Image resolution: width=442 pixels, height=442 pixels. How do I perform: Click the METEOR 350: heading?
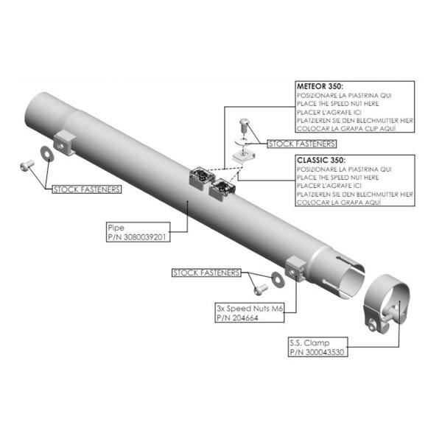point(320,86)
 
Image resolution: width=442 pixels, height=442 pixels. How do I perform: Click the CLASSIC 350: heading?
point(320,160)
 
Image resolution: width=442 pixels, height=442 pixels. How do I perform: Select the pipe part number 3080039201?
point(144,237)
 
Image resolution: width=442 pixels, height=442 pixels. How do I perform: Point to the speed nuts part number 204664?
point(244,318)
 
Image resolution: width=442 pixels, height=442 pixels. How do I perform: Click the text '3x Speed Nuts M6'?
point(250,309)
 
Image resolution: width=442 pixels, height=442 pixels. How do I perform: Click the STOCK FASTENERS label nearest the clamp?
point(206,273)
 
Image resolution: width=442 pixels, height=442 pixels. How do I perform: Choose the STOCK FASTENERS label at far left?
point(87,189)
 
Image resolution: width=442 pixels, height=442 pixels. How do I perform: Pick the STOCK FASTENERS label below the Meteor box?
point(301,144)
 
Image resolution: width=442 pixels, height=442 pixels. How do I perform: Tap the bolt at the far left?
point(27,165)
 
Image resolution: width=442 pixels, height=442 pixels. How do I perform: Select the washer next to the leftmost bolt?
point(47,154)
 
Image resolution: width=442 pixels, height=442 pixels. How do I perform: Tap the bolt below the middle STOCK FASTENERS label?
point(261,290)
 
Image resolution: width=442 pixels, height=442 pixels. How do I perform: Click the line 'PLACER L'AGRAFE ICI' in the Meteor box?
point(329,112)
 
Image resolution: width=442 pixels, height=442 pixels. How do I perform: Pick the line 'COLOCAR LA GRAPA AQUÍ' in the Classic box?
point(339,203)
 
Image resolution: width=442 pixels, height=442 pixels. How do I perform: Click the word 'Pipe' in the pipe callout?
point(116,228)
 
